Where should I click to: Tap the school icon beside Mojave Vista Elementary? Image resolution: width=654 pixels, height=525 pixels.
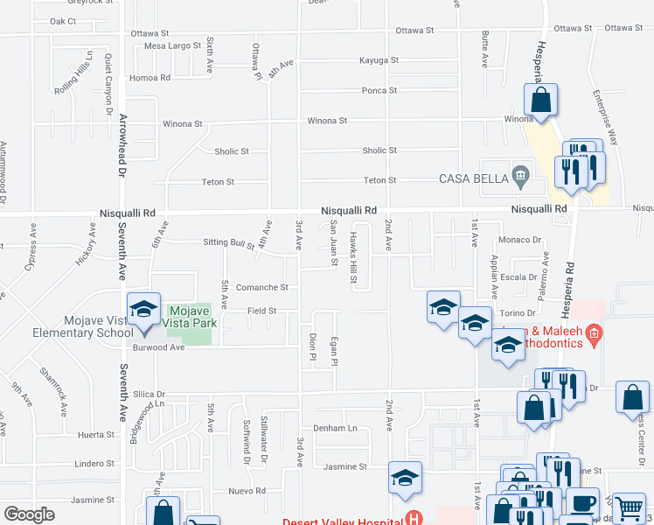[x=143, y=309]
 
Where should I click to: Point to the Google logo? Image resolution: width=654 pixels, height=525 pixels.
[x=29, y=514]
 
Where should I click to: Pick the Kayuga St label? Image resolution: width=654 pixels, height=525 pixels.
[x=379, y=60]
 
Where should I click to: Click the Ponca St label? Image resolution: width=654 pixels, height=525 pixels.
[x=379, y=90]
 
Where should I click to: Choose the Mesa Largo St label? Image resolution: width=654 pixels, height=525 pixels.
[x=173, y=45]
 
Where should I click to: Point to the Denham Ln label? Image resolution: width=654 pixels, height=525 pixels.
[x=336, y=428]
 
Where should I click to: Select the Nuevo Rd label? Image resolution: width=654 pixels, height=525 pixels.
[x=247, y=491]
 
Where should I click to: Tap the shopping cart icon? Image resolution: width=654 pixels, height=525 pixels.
[x=629, y=507]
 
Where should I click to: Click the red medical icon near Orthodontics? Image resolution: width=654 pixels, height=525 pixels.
[x=594, y=332]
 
